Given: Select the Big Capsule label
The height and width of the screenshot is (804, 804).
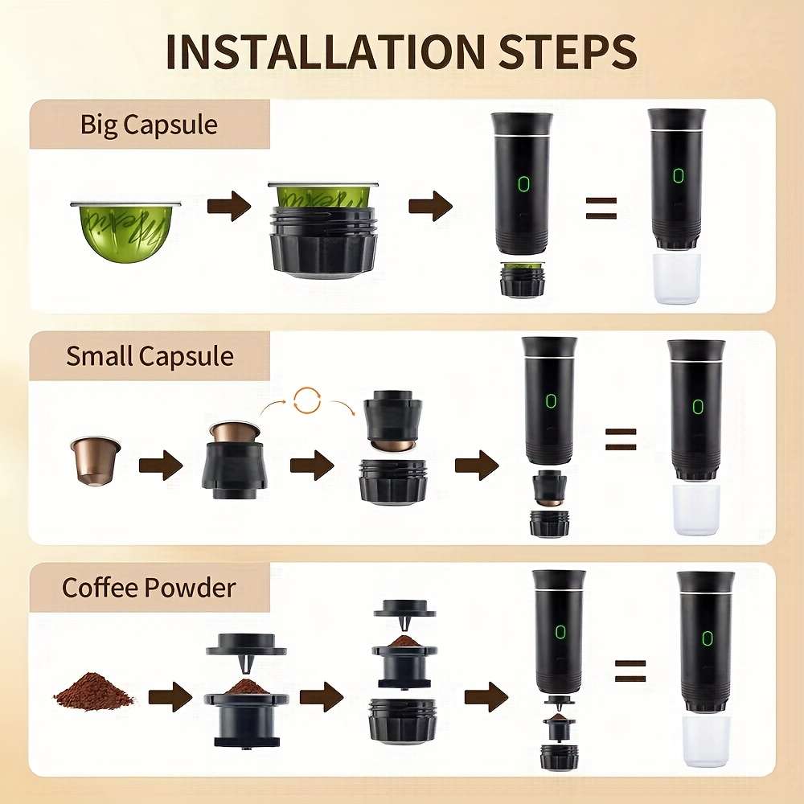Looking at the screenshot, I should (x=149, y=125).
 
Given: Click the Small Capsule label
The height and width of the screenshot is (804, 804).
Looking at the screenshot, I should (x=150, y=355).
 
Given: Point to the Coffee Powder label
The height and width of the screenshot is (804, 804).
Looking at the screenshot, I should (x=149, y=587).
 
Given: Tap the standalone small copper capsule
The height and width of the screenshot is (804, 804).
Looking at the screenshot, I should (x=95, y=459).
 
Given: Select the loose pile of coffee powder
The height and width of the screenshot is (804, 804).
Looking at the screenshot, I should (x=94, y=691).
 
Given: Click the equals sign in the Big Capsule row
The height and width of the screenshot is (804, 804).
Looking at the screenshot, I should (x=600, y=207).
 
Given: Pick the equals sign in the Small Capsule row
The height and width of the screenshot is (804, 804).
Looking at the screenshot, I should (x=620, y=439).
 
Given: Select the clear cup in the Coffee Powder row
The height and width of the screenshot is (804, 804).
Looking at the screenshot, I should (x=705, y=740).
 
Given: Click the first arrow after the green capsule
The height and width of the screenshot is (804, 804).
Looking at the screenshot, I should (x=229, y=207).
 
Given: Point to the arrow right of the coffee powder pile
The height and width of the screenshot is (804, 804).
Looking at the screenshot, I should (x=170, y=695).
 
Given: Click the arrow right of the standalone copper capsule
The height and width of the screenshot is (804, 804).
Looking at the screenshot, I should (x=160, y=466).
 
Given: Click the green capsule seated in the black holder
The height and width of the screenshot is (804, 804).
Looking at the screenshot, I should (x=322, y=195).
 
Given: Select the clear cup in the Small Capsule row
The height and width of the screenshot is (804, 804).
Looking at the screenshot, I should (x=695, y=508).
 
